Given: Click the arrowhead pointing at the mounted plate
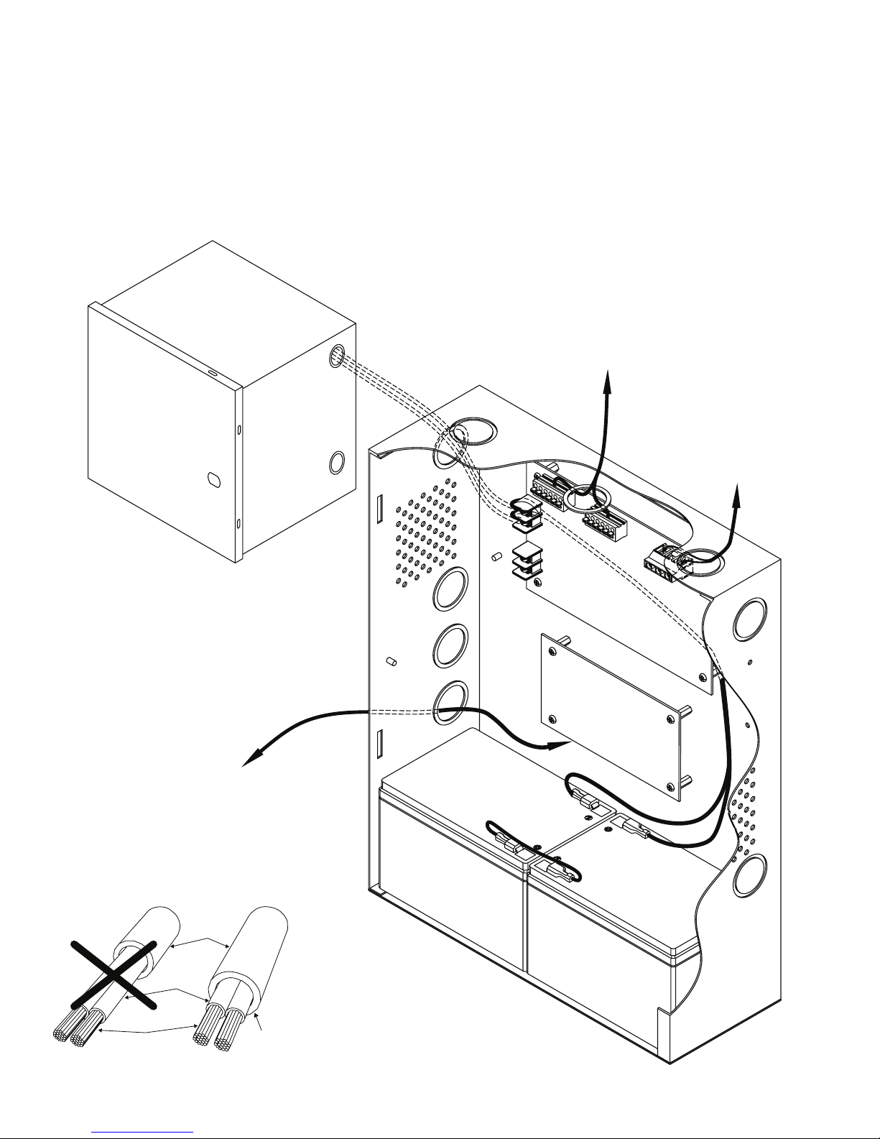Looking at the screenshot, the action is click(x=564, y=744).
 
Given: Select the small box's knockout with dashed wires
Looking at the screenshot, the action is click(x=337, y=356).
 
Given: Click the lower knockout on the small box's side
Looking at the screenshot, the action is click(x=335, y=462).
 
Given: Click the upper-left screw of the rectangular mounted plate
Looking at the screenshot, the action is click(x=551, y=652).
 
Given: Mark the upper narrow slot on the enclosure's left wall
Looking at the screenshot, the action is click(x=379, y=509).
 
